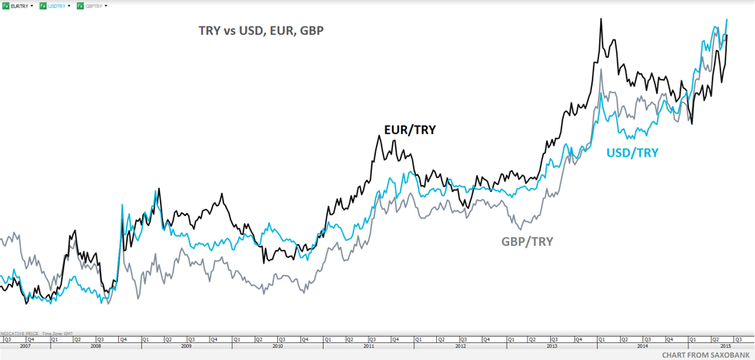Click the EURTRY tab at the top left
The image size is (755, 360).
pyautogui.click(x=19, y=6)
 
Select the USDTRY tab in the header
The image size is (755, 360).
pyautogui.click(x=57, y=6)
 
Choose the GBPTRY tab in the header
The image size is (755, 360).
pyautogui.click(x=94, y=6)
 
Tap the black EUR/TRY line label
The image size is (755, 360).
pyautogui.click(x=410, y=129)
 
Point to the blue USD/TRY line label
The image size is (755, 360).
pyautogui.click(x=632, y=153)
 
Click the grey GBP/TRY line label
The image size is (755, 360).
pyautogui.click(x=527, y=241)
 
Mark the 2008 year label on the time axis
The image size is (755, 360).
pyautogui.click(x=96, y=346)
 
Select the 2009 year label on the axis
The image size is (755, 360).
pyautogui.click(x=186, y=346)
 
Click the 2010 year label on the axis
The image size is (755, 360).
pyautogui.click(x=278, y=346)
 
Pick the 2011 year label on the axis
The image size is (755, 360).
pyautogui.click(x=369, y=346)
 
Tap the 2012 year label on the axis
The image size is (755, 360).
pyautogui.click(x=460, y=346)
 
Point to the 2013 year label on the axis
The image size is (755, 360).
pyautogui.click(x=551, y=346)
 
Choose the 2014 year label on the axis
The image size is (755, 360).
pyautogui.click(x=643, y=346)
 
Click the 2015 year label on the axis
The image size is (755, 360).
pyautogui.click(x=725, y=346)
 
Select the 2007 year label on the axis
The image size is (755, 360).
pyautogui.click(x=24, y=346)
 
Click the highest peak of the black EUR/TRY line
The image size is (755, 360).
pyautogui.click(x=602, y=19)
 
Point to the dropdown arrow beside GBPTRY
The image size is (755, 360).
pyautogui.click(x=106, y=6)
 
